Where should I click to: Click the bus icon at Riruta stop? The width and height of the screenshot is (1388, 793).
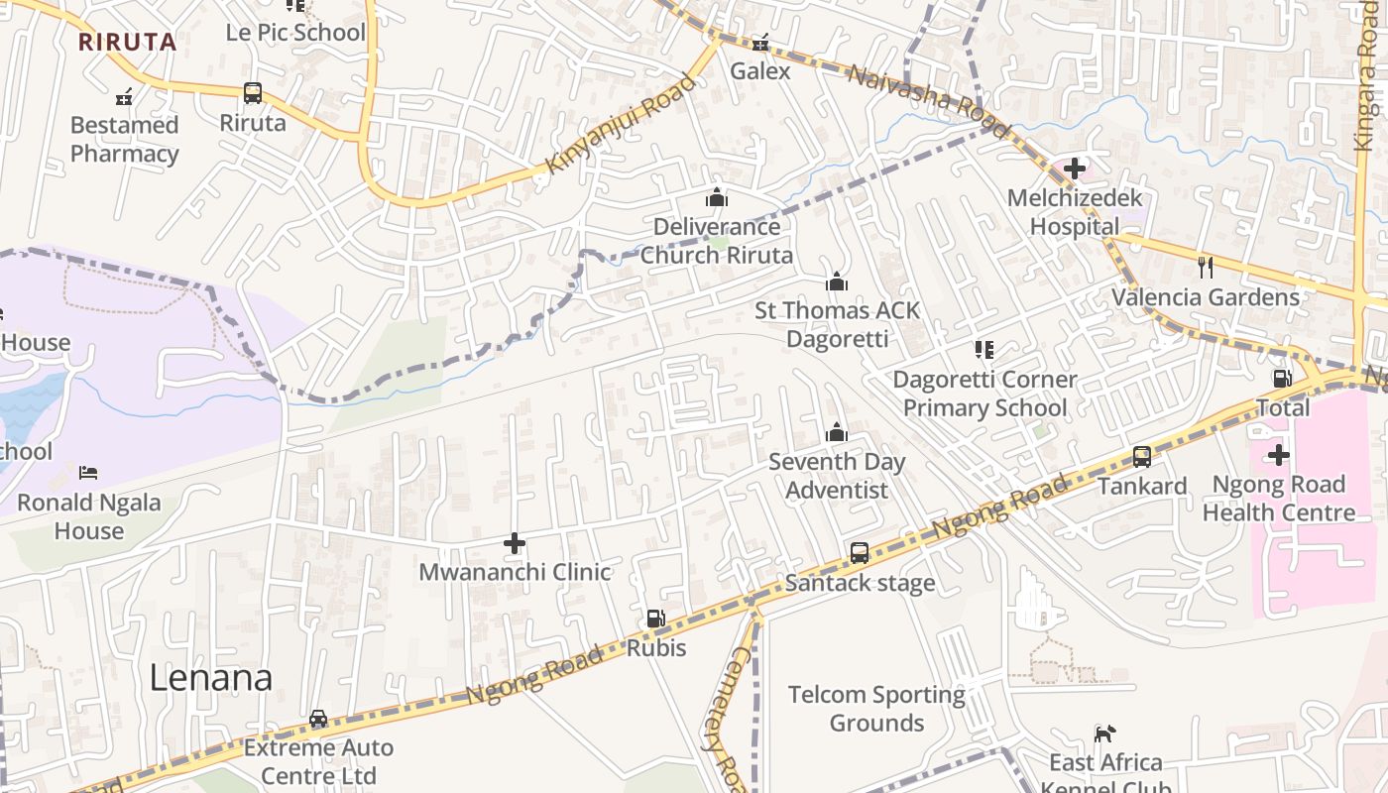(x=253, y=93)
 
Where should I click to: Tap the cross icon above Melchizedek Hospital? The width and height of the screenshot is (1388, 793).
(x=1074, y=169)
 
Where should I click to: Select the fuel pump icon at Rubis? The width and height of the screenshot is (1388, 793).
(x=655, y=619)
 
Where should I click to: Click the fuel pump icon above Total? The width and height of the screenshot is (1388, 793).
(x=1282, y=378)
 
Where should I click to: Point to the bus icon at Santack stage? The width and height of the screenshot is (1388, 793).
(x=860, y=553)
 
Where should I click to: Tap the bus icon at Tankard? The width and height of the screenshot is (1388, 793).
(x=1142, y=457)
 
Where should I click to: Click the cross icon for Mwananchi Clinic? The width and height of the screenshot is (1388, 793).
(x=515, y=543)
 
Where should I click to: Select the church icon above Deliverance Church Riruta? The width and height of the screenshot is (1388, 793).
(x=716, y=197)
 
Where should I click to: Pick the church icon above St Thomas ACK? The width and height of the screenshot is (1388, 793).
(x=837, y=283)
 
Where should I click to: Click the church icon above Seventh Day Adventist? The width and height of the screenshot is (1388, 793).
(x=837, y=432)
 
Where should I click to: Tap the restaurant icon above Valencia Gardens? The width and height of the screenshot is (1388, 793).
(x=1206, y=267)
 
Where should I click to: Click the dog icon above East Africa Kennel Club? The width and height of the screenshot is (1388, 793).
(x=1104, y=734)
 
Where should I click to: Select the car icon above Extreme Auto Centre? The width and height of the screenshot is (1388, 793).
(x=318, y=719)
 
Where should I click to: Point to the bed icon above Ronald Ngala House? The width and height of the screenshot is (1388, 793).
(x=88, y=473)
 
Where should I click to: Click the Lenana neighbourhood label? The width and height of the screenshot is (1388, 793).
(x=211, y=678)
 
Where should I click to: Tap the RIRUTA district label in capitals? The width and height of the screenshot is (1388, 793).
(x=127, y=43)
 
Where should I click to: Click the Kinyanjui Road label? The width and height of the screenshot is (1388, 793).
(x=621, y=125)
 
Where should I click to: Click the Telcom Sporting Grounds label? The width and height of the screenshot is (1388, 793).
(x=876, y=709)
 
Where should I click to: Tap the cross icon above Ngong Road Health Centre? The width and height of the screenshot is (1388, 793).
(x=1279, y=455)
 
